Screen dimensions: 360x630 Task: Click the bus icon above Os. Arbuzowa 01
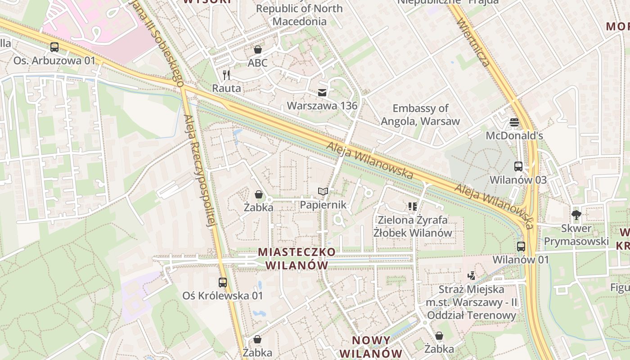(x=54, y=47)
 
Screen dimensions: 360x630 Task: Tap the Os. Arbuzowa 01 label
(x=54, y=60)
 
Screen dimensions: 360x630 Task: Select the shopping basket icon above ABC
(x=258, y=49)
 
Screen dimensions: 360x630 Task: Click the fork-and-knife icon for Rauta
(x=226, y=75)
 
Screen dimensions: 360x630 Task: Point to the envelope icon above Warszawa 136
(x=322, y=93)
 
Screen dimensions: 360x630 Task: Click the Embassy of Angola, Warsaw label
(x=420, y=114)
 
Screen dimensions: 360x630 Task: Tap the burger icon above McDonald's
(x=514, y=122)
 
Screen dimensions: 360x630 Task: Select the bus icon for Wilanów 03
(x=518, y=166)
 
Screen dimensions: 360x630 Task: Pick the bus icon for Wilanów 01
(x=521, y=246)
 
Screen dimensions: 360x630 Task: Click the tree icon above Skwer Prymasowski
(x=576, y=215)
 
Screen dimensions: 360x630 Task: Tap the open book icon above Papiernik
(x=323, y=191)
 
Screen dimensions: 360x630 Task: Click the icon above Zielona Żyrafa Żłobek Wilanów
(x=413, y=207)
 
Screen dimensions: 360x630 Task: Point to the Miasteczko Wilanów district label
(x=297, y=258)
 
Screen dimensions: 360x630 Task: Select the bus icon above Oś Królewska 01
(x=223, y=282)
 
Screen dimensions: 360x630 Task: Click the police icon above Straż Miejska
(x=471, y=275)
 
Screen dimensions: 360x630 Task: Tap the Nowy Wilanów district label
(x=377, y=346)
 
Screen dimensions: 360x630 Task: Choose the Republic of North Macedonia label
(x=299, y=14)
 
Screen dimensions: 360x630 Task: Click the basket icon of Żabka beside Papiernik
(x=259, y=194)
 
